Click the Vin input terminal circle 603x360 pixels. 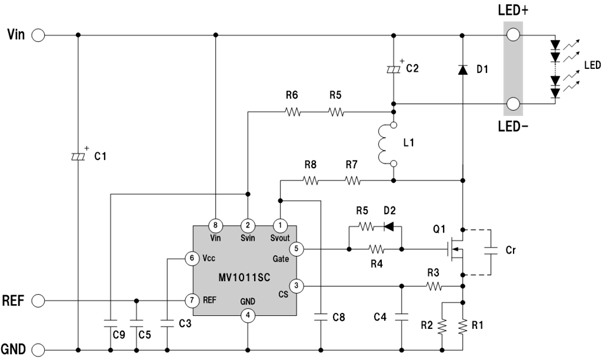pyautogui.click(x=38, y=35)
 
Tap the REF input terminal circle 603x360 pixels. pyautogui.click(x=38, y=301)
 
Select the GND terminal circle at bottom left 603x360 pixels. pyautogui.click(x=38, y=350)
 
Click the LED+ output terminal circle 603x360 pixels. pyautogui.click(x=513, y=35)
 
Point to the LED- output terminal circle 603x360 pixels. pyautogui.click(x=513, y=104)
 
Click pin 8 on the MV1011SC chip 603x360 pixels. pyautogui.click(x=215, y=225)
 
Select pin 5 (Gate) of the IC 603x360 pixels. pyautogui.click(x=296, y=249)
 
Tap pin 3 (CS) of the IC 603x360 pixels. pyautogui.click(x=296, y=286)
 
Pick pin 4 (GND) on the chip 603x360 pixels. pyautogui.click(x=248, y=316)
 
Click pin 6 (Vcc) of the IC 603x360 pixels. pyautogui.click(x=192, y=258)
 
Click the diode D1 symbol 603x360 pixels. pyautogui.click(x=462, y=69)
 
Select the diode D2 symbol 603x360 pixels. pyautogui.click(x=389, y=226)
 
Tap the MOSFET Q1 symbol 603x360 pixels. pyautogui.click(x=457, y=249)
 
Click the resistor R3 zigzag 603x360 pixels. pyautogui.click(x=434, y=286)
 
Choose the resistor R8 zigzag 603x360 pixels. pyautogui.click(x=311, y=181)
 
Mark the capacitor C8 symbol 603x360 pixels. pyautogui.click(x=321, y=317)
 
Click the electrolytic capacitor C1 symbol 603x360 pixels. pyautogui.click(x=78, y=156)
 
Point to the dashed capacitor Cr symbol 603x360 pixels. pyautogui.click(x=491, y=251)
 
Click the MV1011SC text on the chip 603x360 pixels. pyautogui.click(x=244, y=277)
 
